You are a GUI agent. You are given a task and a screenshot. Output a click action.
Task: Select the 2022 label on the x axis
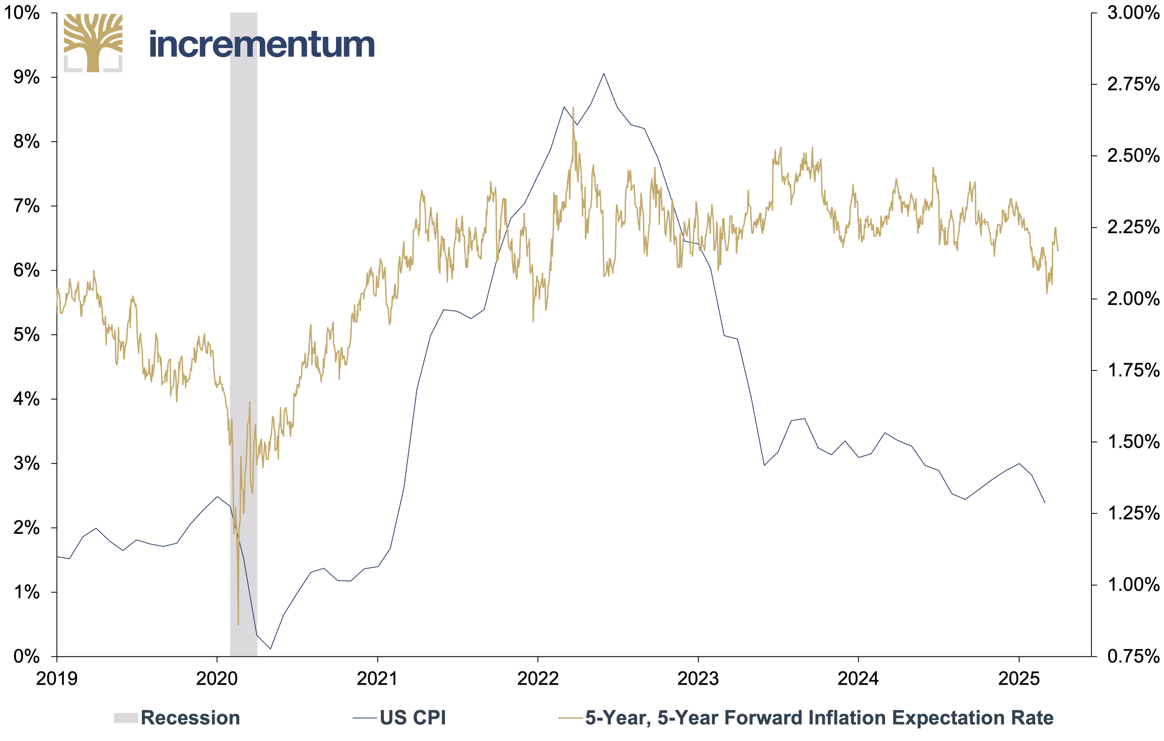pos(537,679)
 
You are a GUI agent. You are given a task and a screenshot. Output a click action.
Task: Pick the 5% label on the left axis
pos(26,334)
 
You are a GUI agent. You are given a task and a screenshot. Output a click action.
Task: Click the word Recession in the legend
pos(190,718)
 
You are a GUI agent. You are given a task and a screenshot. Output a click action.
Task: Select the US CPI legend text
pos(413,718)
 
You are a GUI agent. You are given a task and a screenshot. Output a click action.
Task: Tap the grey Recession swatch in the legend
pos(126,718)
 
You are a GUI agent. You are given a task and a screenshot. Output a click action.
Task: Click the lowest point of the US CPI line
pos(270,649)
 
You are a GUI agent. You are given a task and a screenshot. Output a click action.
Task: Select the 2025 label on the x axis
pos(1019,679)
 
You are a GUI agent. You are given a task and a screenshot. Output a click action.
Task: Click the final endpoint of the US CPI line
pos(1045,503)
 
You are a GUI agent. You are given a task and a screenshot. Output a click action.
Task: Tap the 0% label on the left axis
pos(26,656)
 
